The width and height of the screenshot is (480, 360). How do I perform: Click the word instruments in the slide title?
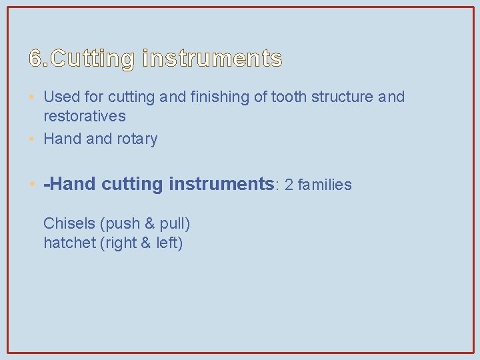click(x=212, y=59)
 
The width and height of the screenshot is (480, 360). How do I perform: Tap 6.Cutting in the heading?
click(x=82, y=59)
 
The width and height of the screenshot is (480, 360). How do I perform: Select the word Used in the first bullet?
click(x=59, y=97)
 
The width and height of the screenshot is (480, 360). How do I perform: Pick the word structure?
click(x=340, y=97)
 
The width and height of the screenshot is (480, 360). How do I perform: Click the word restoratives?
click(x=85, y=116)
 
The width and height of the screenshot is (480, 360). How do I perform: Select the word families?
click(x=325, y=185)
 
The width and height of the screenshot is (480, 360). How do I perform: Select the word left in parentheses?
click(x=168, y=243)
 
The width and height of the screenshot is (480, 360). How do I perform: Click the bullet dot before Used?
click(x=33, y=97)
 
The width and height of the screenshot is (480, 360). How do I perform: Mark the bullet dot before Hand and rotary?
click(x=33, y=139)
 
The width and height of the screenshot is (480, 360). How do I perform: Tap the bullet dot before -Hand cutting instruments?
click(x=33, y=185)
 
